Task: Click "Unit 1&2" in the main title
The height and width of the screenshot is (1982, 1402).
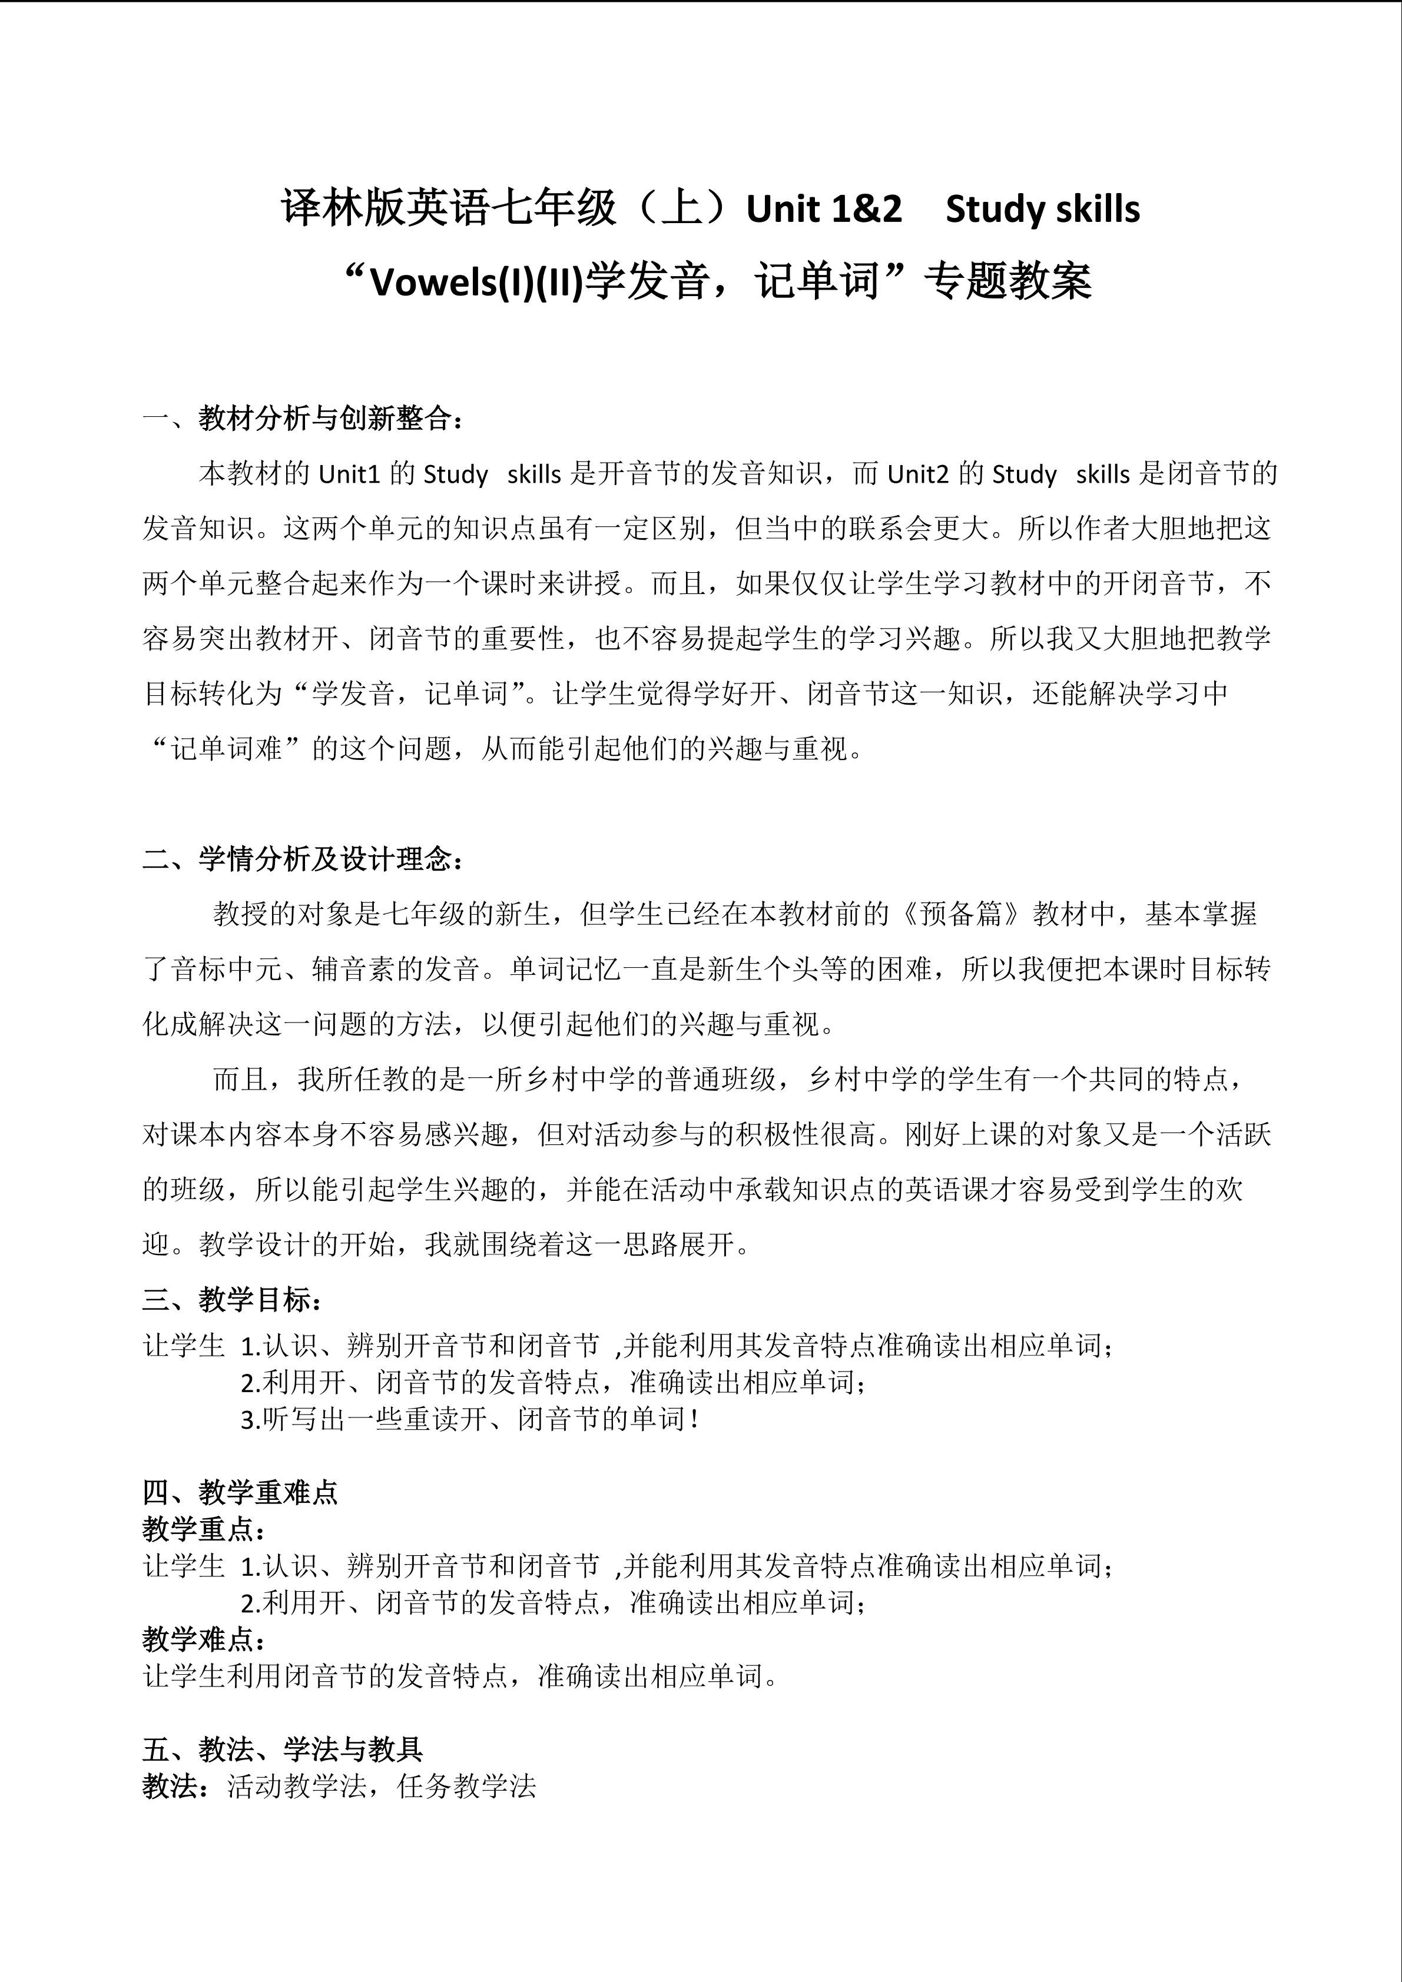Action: coord(824,210)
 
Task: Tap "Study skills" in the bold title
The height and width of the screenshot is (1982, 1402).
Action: coord(1042,210)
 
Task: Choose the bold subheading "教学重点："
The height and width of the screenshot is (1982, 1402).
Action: coord(204,1529)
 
